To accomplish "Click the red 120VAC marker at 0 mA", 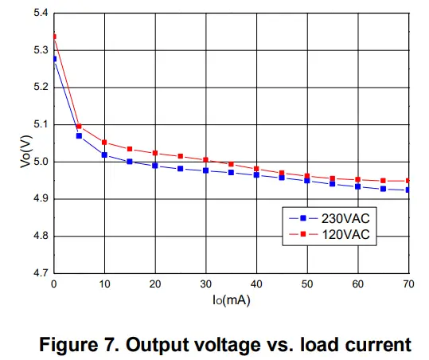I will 54,37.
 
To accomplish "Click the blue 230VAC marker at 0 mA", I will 54,59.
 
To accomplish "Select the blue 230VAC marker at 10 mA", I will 104,155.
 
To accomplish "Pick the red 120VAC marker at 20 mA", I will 155,153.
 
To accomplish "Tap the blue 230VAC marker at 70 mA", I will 409,190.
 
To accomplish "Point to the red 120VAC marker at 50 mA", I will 307,176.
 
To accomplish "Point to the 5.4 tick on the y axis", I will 39,14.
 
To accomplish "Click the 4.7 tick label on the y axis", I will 39,273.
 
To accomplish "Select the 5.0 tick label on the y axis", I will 39,162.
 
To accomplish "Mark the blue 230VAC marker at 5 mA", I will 79,136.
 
